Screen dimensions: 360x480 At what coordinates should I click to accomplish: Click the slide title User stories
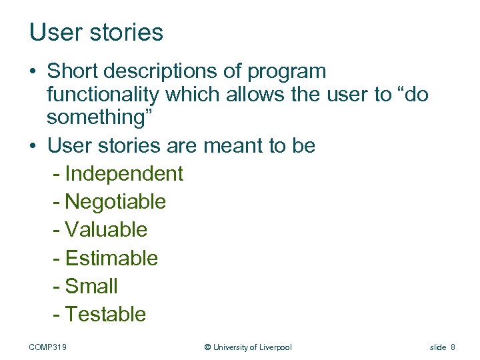96,32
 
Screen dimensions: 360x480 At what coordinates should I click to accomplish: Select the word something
100,117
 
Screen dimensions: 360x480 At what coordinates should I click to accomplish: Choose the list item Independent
124,173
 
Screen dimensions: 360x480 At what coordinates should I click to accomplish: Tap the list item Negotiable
115,201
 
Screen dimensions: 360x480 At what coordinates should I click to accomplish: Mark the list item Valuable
106,229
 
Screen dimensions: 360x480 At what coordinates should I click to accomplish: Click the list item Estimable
111,258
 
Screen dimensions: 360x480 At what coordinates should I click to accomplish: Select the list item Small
91,286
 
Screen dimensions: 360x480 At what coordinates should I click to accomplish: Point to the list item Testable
105,314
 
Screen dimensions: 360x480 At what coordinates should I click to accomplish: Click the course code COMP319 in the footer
53,347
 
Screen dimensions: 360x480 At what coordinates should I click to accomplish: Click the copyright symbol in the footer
207,347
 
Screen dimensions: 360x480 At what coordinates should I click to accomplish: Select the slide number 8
453,347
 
